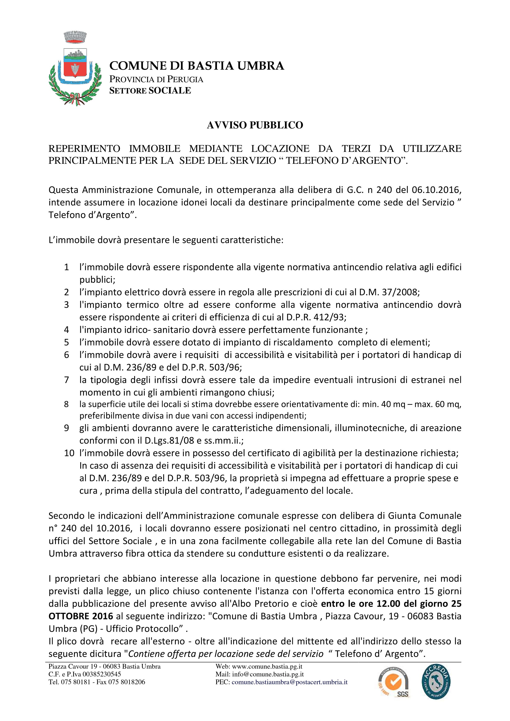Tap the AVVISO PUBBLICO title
pos(255,125)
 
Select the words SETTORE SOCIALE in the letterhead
pos(150,90)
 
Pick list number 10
pos(69,453)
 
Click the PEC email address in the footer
pos(289,682)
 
